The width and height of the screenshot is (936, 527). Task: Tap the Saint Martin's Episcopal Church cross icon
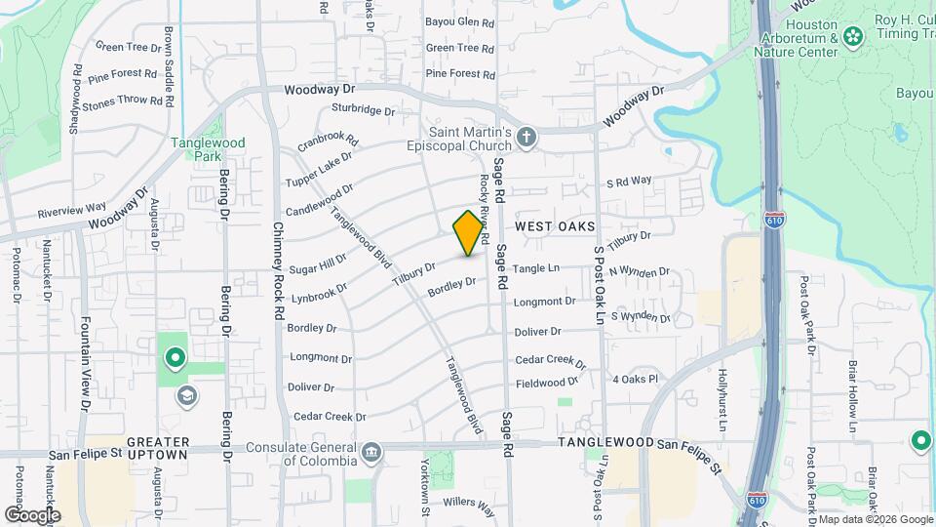(x=526, y=137)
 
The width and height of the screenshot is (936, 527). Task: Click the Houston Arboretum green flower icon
(x=854, y=37)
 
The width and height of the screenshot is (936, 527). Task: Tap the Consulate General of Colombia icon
(x=370, y=452)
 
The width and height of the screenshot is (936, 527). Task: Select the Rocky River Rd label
(x=484, y=205)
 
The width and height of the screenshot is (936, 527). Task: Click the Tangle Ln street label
(x=536, y=268)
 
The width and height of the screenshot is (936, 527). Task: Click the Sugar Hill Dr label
(x=317, y=262)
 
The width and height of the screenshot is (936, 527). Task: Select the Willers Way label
(x=469, y=504)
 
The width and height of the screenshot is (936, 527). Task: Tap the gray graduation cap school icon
(x=187, y=396)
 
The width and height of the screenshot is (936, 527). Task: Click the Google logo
(x=32, y=514)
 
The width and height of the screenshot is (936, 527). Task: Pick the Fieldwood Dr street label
(x=547, y=384)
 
